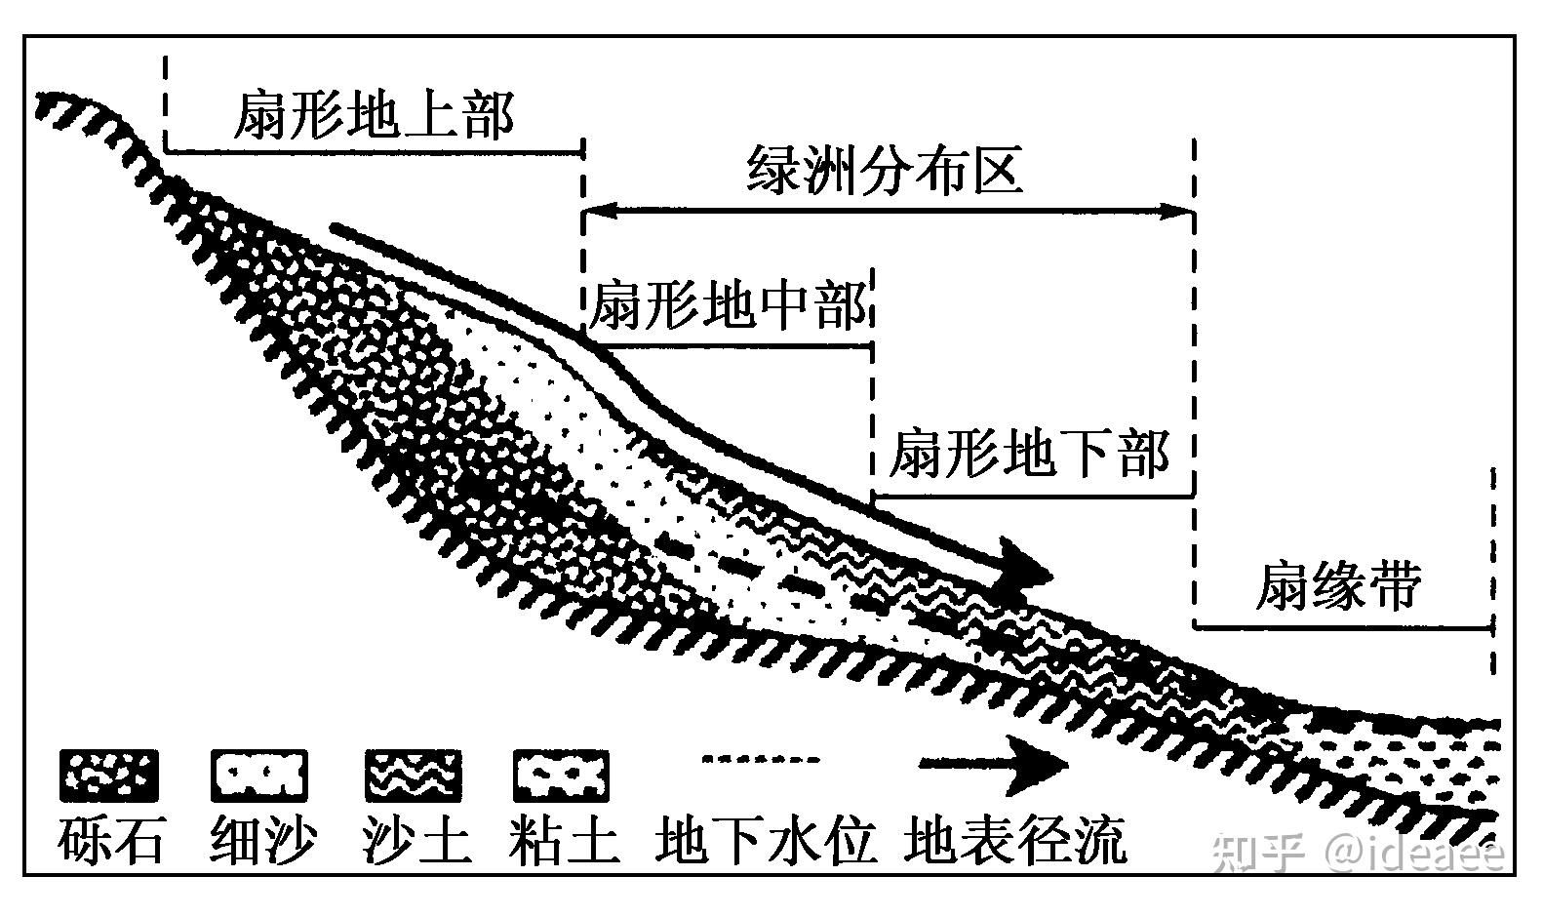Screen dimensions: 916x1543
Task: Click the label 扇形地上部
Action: pos(374,115)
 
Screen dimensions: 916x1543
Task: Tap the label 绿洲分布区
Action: pos(885,172)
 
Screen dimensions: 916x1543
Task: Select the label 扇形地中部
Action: pos(727,305)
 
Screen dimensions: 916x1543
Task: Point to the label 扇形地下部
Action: pos(1029,454)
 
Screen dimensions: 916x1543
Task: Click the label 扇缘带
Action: pos(1337,586)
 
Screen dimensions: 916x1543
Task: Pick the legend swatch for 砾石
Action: pos(108,776)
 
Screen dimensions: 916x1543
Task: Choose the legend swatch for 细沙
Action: pos(258,776)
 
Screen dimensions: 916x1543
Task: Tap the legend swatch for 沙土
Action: pos(413,776)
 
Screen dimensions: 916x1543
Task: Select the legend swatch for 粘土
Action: pos(561,776)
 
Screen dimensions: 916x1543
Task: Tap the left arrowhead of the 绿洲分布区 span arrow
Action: pos(595,210)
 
